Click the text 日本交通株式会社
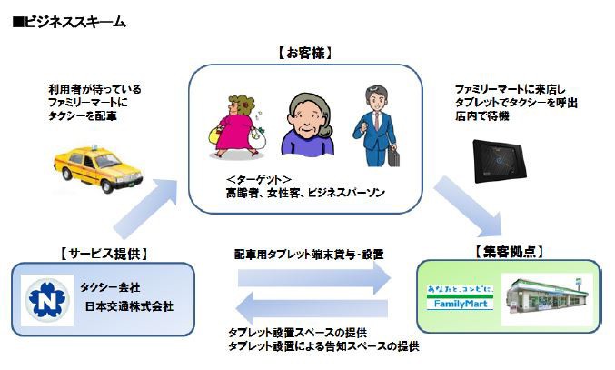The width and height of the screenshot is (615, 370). (x=133, y=306)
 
